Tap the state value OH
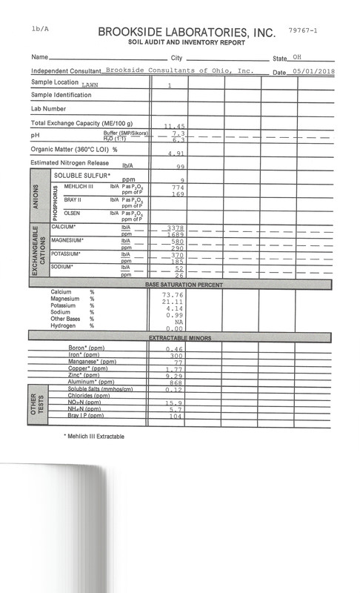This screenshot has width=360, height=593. [x=297, y=58]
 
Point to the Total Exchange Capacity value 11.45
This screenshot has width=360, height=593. [x=173, y=127]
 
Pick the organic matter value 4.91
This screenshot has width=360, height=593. [x=173, y=154]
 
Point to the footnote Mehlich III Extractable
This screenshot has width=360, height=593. [x=94, y=437]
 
